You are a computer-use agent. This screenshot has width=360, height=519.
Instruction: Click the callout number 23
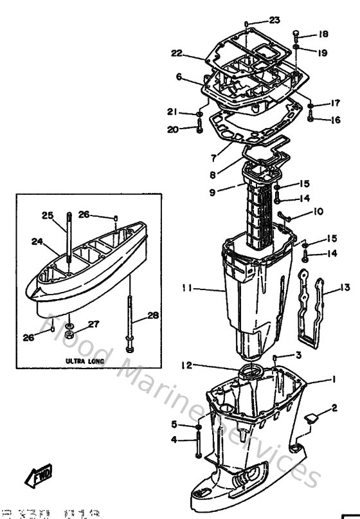[274, 19]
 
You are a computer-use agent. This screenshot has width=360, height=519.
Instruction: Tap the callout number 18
[323, 33]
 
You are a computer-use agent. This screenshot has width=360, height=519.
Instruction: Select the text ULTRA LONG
[84, 361]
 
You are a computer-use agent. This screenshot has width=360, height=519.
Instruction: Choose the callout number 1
[333, 379]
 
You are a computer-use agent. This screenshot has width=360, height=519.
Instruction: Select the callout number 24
[37, 242]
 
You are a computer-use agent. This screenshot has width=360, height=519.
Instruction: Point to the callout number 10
[318, 211]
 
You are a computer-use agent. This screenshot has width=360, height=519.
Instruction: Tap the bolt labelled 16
[310, 118]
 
